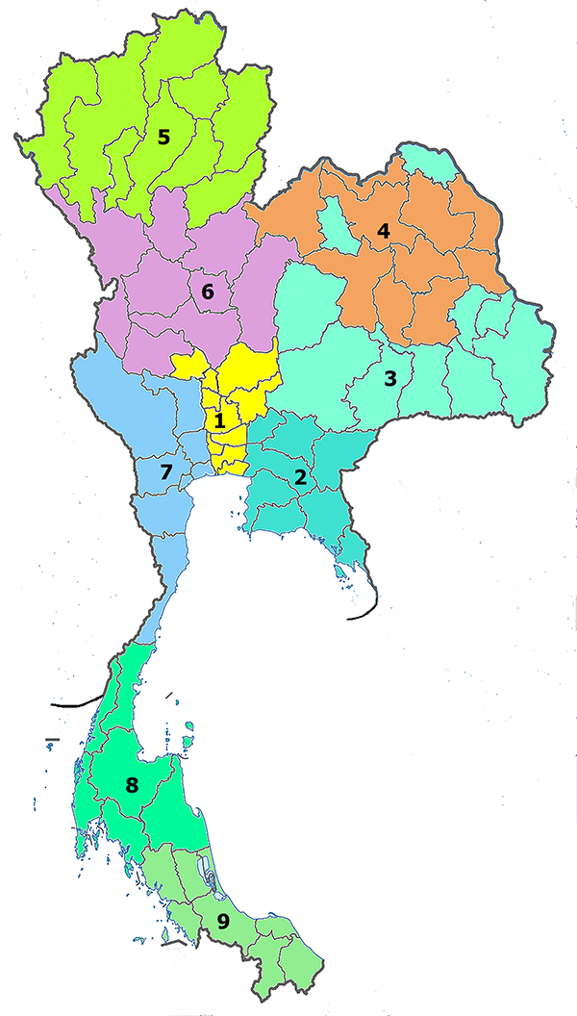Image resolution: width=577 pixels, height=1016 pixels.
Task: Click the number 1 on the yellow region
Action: pyautogui.click(x=219, y=420)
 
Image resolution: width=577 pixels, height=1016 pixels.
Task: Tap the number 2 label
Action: pyautogui.click(x=301, y=477)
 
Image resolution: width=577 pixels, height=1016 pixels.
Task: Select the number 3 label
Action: pyautogui.click(x=389, y=379)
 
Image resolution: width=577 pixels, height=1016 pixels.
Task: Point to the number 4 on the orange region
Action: pyautogui.click(x=383, y=232)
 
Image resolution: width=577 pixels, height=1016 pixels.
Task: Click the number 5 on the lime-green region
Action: pyautogui.click(x=163, y=138)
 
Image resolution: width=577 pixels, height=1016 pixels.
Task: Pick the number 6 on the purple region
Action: pyautogui.click(x=206, y=291)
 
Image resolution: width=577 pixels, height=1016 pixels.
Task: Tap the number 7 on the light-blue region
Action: pyautogui.click(x=164, y=472)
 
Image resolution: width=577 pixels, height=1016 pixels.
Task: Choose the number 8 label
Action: pyautogui.click(x=132, y=785)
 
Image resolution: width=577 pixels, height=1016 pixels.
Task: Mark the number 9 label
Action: pyautogui.click(x=223, y=922)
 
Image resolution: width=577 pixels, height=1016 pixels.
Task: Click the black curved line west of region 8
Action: pyautogui.click(x=77, y=701)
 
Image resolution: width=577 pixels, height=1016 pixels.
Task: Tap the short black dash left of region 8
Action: pyautogui.click(x=52, y=740)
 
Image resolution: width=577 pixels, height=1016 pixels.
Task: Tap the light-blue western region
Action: pyautogui.click(x=125, y=404)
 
